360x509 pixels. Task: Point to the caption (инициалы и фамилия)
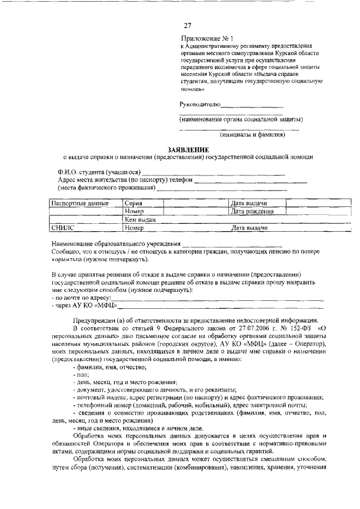tap(253, 134)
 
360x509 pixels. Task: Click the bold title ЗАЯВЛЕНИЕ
tap(188, 150)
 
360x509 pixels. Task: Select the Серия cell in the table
tap(134, 202)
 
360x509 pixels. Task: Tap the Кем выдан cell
tap(140, 219)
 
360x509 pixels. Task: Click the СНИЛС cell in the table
tap(62, 228)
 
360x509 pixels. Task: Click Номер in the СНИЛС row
tap(135, 228)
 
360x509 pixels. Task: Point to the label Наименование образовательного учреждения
tap(116, 244)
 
